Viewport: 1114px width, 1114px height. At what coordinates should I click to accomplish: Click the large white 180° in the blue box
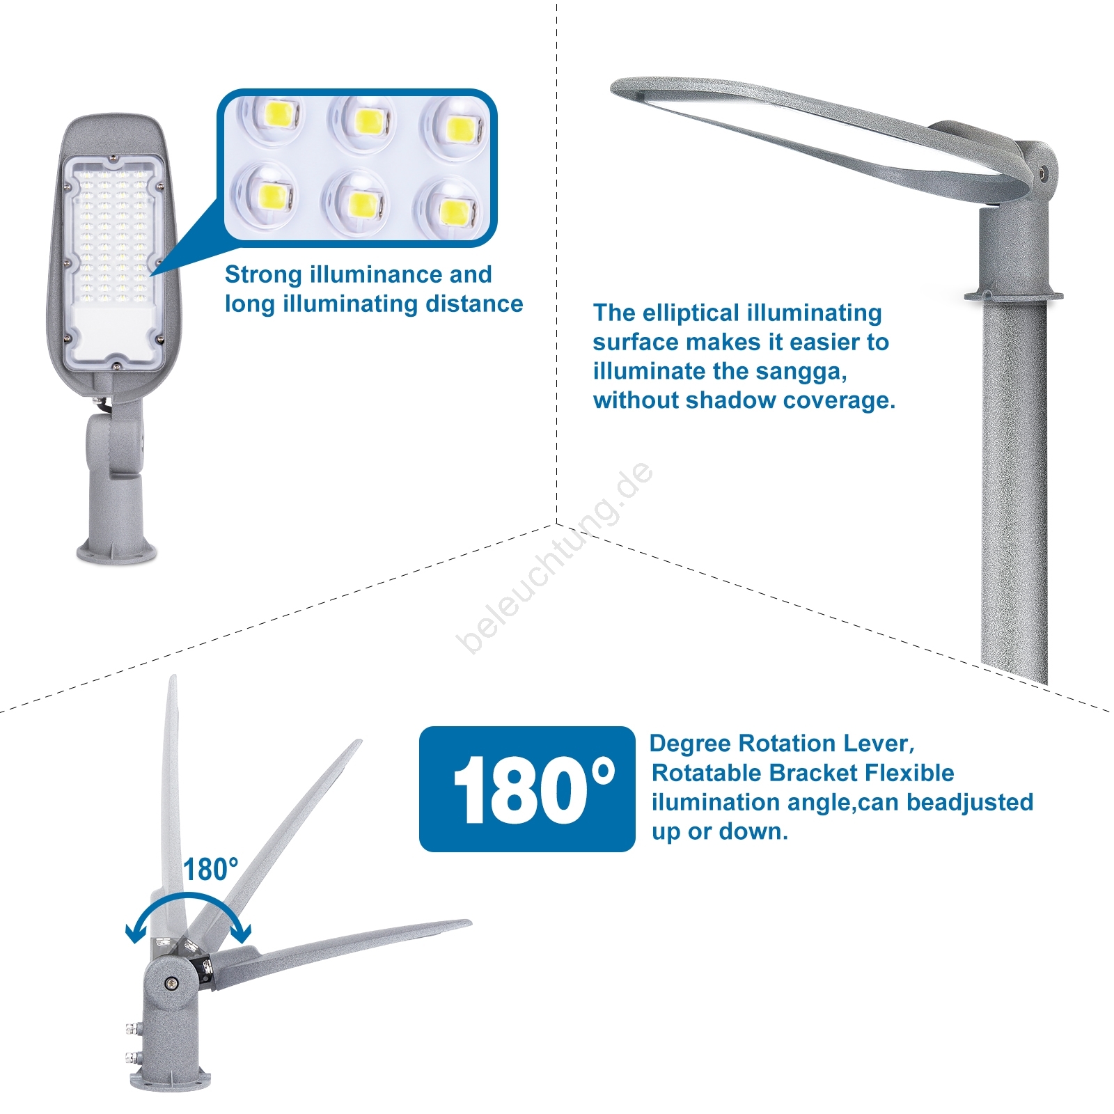(x=533, y=790)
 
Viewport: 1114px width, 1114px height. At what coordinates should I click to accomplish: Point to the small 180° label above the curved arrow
(x=210, y=870)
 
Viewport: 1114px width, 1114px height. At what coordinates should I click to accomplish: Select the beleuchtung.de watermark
(x=555, y=558)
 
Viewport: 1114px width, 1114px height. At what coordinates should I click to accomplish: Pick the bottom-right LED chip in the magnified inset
(x=455, y=210)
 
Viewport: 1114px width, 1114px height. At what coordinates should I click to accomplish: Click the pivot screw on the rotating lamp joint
(x=171, y=983)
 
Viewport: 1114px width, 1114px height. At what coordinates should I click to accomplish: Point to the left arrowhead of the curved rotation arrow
(x=135, y=933)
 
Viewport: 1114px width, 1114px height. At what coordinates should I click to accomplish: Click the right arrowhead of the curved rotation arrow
(x=242, y=932)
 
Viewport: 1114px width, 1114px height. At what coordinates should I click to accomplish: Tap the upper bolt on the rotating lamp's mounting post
(x=130, y=1028)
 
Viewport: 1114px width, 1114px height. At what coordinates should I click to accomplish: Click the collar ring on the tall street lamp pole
(x=1014, y=296)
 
